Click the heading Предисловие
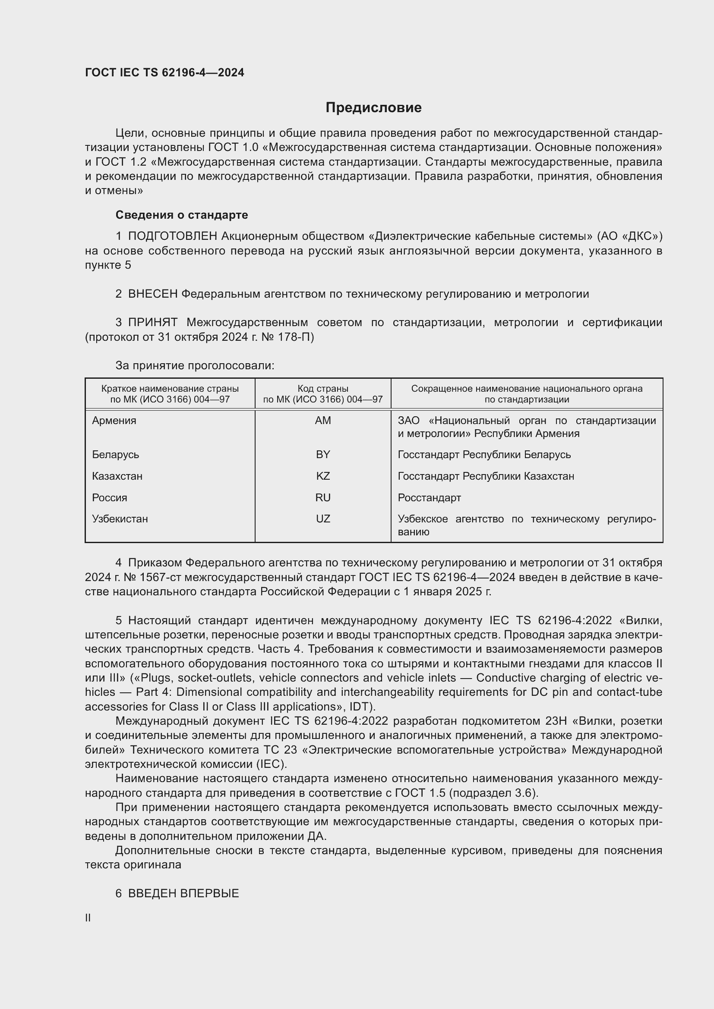tap(373, 108)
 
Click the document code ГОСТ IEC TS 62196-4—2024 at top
tap(164, 72)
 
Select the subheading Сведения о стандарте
tap(182, 215)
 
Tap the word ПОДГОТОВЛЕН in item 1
tap(172, 236)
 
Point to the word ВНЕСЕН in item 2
tap(152, 294)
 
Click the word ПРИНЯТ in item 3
tap(152, 323)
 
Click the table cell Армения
tap(114, 421)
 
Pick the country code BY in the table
tap(323, 454)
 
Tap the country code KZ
tap(323, 476)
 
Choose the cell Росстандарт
tap(429, 497)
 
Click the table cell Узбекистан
tap(120, 519)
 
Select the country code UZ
tap(323, 519)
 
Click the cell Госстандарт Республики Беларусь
tap(484, 454)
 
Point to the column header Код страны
tap(323, 389)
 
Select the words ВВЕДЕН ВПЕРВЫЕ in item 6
tap(183, 893)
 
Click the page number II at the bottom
tap(88, 918)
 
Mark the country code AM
tap(323, 421)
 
